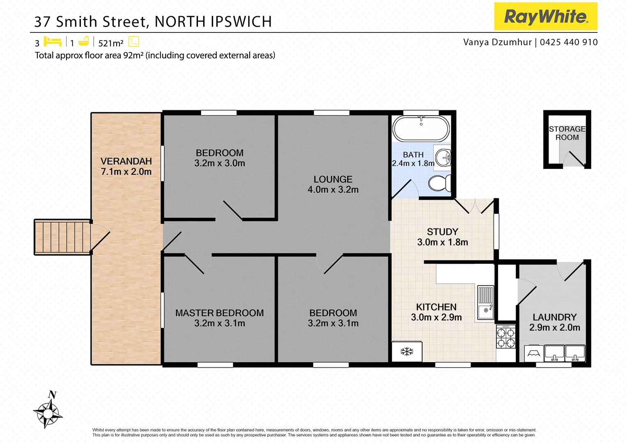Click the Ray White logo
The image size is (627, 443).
coord(545,16)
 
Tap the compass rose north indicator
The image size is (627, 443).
coord(48,411)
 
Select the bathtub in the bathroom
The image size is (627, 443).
coord(421,128)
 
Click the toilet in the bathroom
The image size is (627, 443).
coord(439,183)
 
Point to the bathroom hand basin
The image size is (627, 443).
coord(443,158)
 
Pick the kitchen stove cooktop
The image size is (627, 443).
coord(505,337)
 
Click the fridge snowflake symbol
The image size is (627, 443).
coord(407,352)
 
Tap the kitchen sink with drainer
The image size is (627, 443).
coord(485,303)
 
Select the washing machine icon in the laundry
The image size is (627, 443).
coord(533,353)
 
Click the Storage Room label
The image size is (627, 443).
coord(567,133)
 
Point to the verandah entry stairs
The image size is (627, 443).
coord(62,237)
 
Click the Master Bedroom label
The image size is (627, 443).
coord(219,313)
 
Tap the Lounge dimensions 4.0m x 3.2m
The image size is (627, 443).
coord(333,190)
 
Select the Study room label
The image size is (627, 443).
coord(442,232)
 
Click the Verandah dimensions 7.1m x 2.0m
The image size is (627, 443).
coord(126,172)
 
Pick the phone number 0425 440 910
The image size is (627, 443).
coord(569,42)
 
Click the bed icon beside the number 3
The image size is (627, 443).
coord(53,42)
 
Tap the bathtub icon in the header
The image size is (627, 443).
coord(84,41)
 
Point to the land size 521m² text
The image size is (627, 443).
coord(111,43)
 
